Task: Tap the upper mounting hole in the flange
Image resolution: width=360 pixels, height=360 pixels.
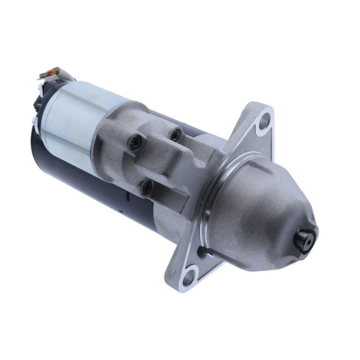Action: click(x=265, y=121)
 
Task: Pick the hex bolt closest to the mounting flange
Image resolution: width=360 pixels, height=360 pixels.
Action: click(x=175, y=134)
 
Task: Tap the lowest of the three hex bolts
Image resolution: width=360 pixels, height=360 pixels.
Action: click(x=147, y=188)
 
